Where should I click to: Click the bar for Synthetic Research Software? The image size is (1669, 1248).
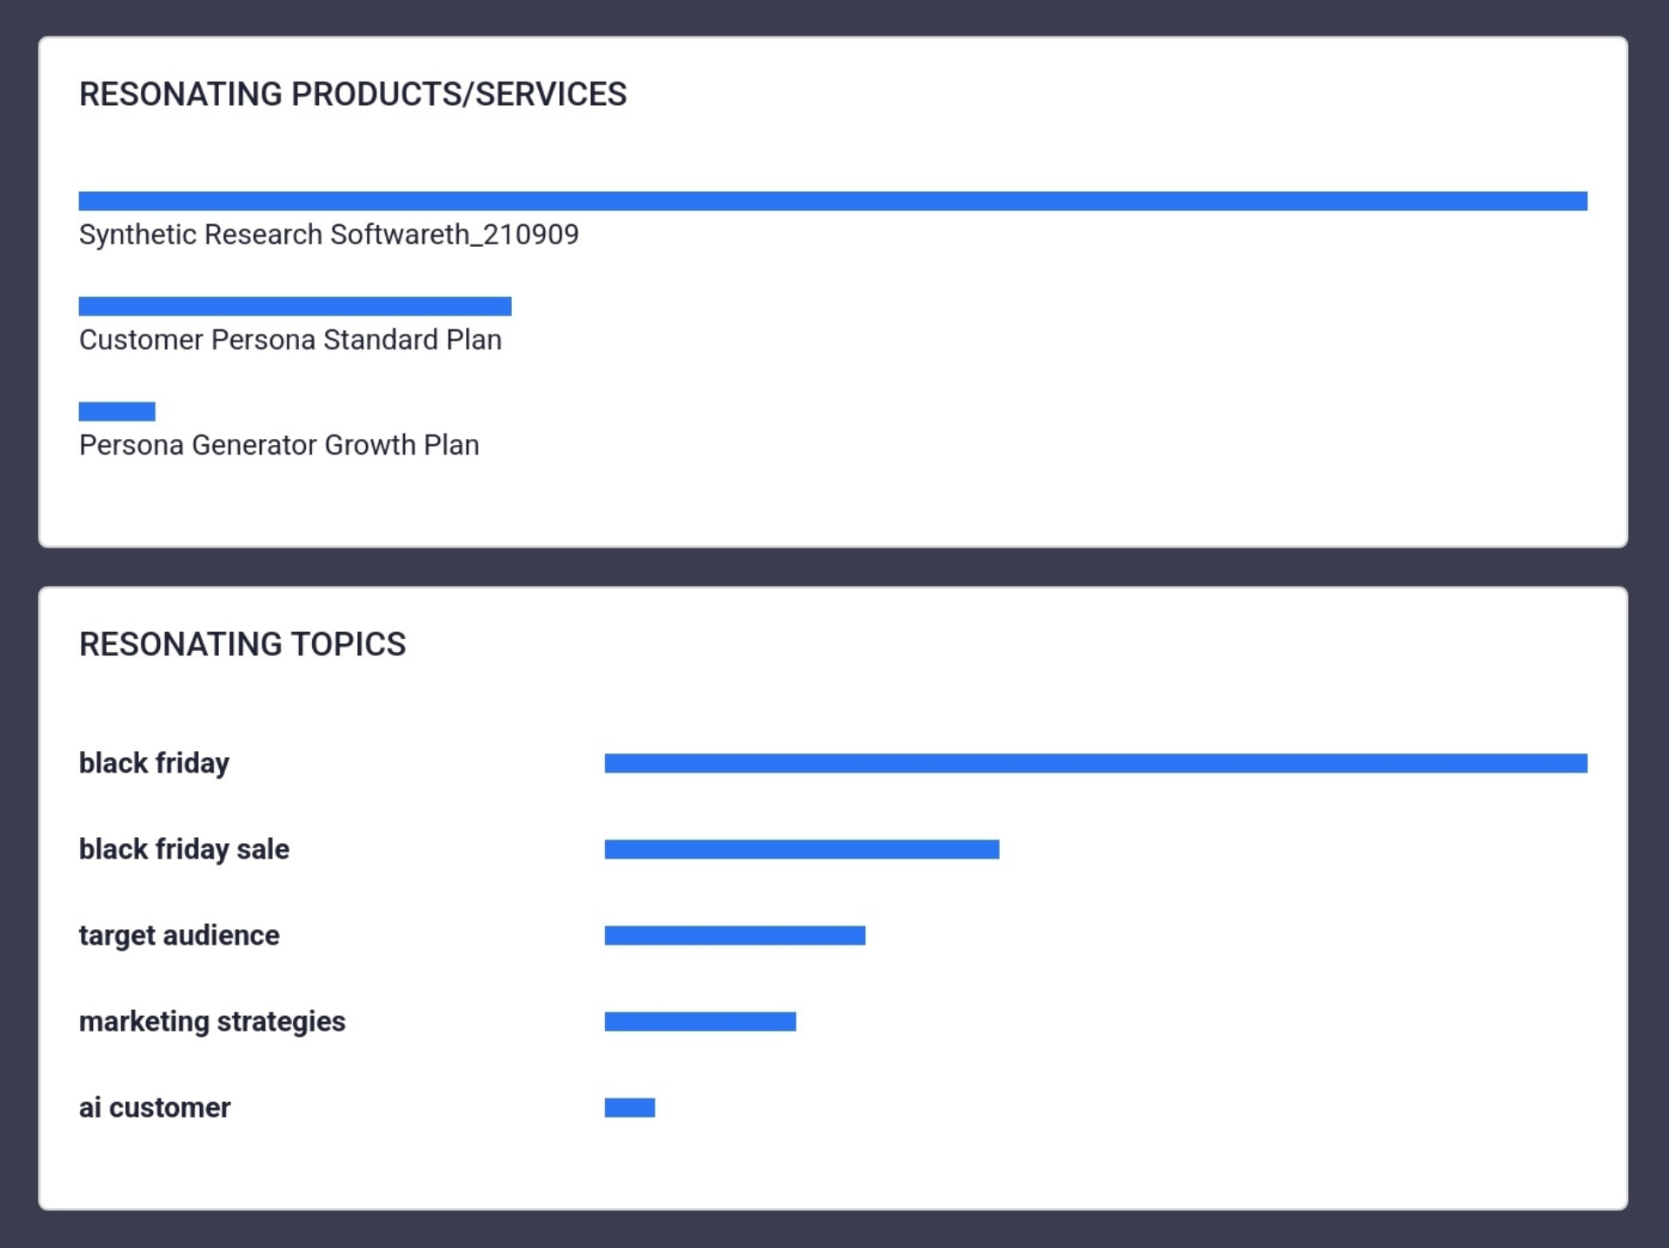pos(833,201)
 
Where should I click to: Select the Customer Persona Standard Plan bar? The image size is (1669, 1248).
pos(295,306)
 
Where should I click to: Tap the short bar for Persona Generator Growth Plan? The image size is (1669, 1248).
pos(116,411)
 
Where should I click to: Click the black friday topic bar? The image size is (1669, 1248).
pos(1095,763)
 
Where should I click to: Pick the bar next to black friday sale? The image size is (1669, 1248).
pos(801,849)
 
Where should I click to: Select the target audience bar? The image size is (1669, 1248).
pos(735,935)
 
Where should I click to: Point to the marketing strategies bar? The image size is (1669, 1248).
pos(700,1021)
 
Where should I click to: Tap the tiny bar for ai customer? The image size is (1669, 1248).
pos(629,1107)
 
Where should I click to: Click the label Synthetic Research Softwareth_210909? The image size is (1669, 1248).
pos(329,235)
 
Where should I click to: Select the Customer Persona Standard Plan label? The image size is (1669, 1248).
pos(290,340)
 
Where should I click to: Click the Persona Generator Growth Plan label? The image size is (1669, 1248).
pos(279,445)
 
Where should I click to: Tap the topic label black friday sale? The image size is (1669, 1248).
pos(184,849)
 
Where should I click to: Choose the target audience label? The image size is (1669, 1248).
pos(179,935)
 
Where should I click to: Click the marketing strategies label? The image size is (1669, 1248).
pos(212,1021)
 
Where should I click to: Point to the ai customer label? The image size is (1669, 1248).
pos(155,1107)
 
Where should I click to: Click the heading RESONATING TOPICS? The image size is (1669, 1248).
pos(243,644)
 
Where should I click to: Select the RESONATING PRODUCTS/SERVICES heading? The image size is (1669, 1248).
pos(352,94)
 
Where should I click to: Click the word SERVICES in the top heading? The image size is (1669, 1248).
pos(550,94)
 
